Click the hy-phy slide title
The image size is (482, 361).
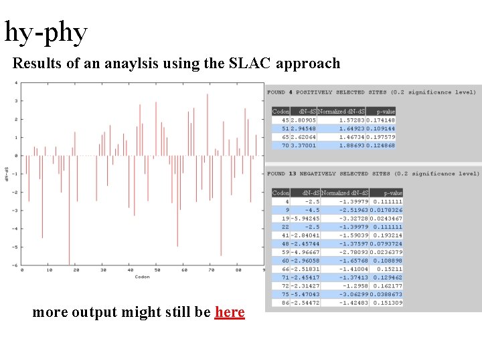(46, 31)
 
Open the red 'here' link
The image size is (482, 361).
(230, 312)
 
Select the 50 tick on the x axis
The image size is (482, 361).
(157, 270)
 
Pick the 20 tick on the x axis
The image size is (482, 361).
(76, 270)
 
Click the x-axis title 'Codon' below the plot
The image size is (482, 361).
(142, 277)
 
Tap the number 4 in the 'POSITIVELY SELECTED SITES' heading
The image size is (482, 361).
(292, 92)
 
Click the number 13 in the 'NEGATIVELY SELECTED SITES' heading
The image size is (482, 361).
(293, 174)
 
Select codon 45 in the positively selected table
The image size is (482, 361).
(285, 120)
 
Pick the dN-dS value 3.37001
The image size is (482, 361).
(303, 146)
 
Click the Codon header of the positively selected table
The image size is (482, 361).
(280, 111)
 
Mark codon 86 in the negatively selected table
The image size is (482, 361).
(285, 303)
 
